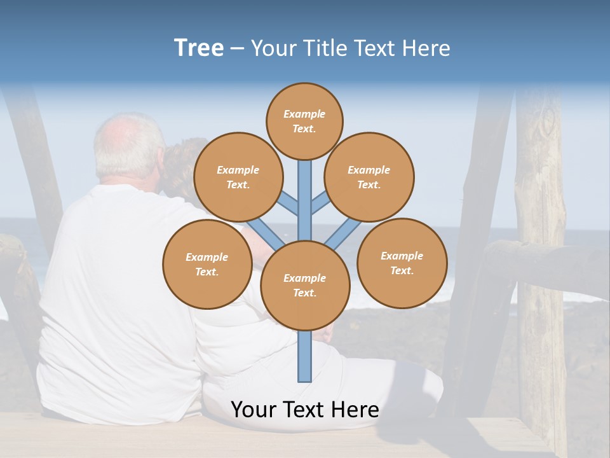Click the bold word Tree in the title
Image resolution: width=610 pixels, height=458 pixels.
click(x=199, y=48)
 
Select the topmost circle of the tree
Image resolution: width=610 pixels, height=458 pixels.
click(x=304, y=121)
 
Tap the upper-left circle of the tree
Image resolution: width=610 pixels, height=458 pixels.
click(x=238, y=177)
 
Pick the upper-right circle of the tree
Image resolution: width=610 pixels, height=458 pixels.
click(x=369, y=177)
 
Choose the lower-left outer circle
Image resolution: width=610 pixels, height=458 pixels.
click(x=207, y=264)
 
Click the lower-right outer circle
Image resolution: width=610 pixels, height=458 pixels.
click(x=402, y=263)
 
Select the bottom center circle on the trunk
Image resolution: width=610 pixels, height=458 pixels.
click(x=305, y=285)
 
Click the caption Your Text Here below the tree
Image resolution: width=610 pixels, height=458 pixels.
click(x=305, y=410)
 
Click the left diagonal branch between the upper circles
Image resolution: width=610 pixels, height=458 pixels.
click(x=288, y=204)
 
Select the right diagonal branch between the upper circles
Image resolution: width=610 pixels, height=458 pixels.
click(x=321, y=204)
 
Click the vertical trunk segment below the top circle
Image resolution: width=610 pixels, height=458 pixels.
click(x=305, y=191)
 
